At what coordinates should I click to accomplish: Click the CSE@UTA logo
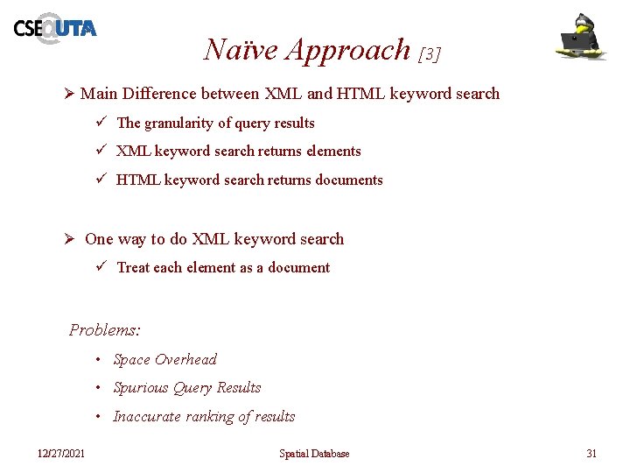point(54,28)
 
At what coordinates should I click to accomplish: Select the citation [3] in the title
point(430,53)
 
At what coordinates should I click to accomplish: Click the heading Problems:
point(105,330)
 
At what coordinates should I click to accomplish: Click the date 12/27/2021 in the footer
point(61,454)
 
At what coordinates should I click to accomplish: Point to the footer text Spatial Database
point(314,454)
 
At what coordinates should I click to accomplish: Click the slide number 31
point(591,454)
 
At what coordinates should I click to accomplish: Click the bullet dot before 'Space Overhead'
point(101,360)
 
